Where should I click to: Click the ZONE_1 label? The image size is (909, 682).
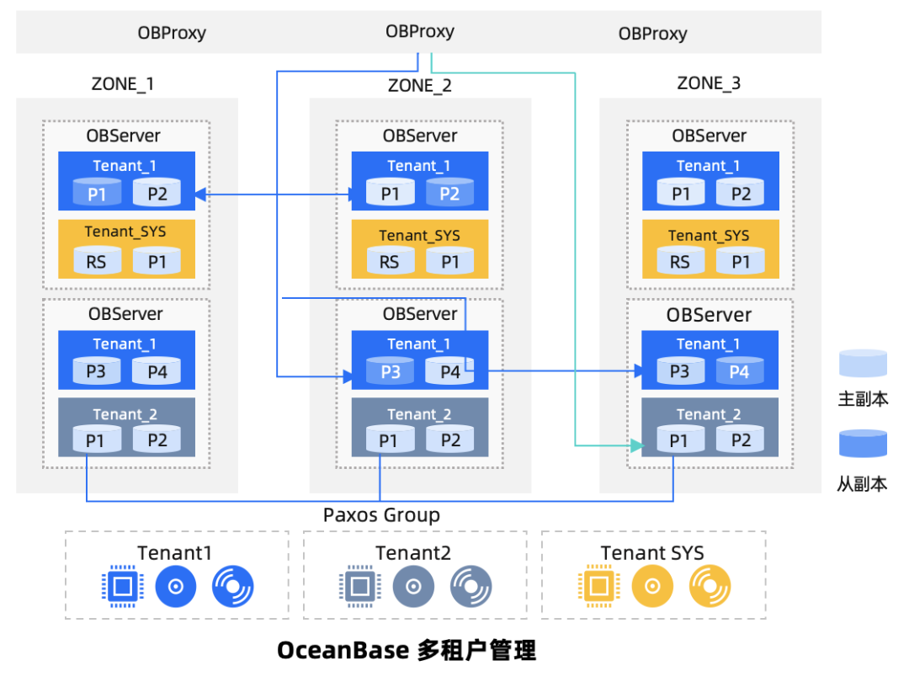coord(122,84)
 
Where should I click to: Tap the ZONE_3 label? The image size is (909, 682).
coord(709,83)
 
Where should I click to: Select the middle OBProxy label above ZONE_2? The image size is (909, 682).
coord(419,32)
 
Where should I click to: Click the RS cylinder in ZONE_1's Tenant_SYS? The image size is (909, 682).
coord(97,261)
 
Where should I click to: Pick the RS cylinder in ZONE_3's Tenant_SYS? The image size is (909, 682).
coord(680,261)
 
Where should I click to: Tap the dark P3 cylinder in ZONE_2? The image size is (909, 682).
coord(391,371)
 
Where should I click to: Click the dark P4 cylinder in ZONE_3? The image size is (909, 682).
coord(739,371)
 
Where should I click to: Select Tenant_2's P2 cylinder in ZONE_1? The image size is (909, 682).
coord(157,440)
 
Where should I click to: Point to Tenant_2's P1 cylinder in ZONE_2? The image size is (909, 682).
coord(389,440)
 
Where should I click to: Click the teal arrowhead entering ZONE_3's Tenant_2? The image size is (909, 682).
coord(636,444)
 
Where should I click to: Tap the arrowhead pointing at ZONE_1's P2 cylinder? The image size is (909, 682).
coord(200,195)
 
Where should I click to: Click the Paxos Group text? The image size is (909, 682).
coord(381,515)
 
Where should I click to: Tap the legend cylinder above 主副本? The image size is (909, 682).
coord(863,364)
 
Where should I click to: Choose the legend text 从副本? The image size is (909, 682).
coord(863,484)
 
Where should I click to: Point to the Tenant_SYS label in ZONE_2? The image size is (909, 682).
coord(419,236)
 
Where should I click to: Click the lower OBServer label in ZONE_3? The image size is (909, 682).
coord(709,315)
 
